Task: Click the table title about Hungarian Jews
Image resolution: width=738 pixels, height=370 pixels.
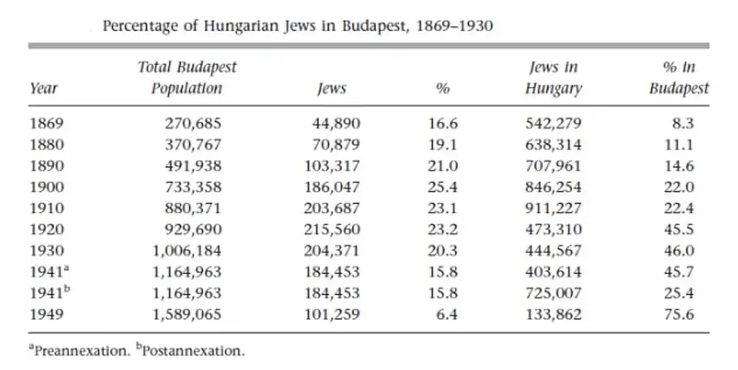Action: (x=298, y=26)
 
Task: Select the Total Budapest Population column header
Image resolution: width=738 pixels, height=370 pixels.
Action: (x=187, y=78)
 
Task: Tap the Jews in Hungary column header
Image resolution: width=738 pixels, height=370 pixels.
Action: (x=553, y=78)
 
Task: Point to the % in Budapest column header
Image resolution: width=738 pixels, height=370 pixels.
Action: (x=678, y=78)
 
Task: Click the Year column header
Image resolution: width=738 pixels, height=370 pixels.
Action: (x=43, y=88)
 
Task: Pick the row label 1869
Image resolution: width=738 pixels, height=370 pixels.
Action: (x=47, y=123)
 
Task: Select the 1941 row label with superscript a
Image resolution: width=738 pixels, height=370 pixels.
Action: (x=50, y=272)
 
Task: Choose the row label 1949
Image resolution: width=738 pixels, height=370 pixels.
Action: (x=47, y=314)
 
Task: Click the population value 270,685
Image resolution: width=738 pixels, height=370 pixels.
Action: (x=193, y=123)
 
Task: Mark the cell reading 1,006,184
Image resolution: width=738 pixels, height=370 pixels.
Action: (x=187, y=250)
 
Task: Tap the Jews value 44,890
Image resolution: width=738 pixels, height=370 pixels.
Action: (x=336, y=123)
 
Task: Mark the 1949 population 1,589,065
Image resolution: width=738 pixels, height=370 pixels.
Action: (x=187, y=314)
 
